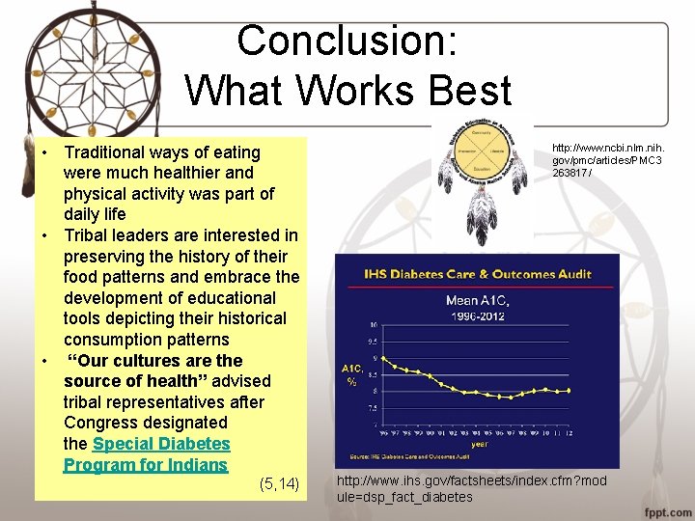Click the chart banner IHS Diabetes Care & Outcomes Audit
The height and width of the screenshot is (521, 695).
pyautogui.click(x=478, y=274)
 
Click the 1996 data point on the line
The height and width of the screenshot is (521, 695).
pyautogui.click(x=385, y=359)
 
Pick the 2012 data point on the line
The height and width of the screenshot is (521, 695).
pyautogui.click(x=570, y=390)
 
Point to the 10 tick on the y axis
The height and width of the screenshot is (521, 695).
pyautogui.click(x=374, y=324)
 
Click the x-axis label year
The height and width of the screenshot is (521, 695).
pyautogui.click(x=479, y=444)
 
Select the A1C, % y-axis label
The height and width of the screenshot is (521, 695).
pyautogui.click(x=351, y=374)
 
